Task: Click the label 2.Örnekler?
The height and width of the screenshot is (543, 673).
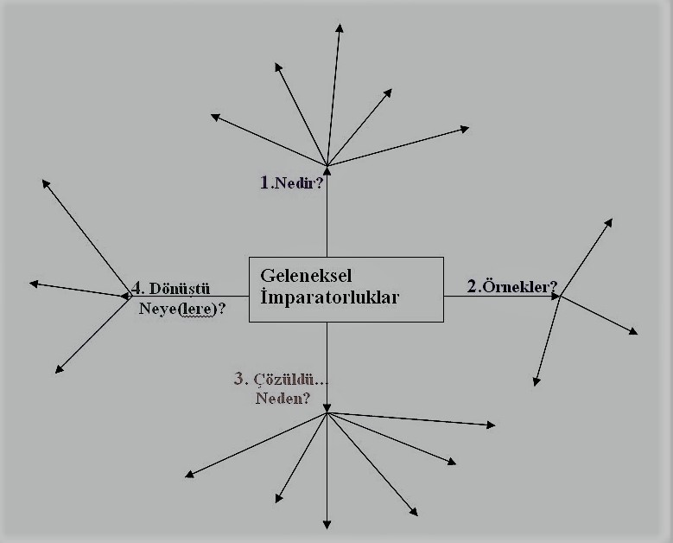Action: click(511, 287)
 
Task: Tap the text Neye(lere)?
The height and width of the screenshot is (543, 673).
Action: click(182, 307)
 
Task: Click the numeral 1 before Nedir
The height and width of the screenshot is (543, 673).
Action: click(265, 182)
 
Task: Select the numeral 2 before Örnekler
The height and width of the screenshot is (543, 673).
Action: click(473, 287)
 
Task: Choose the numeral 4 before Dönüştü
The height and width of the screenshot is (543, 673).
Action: click(137, 289)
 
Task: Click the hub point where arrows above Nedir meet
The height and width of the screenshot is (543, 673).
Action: click(327, 164)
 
